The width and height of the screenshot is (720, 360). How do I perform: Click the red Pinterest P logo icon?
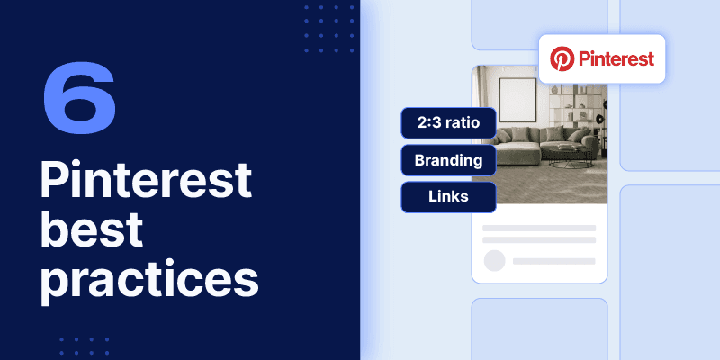click(563, 60)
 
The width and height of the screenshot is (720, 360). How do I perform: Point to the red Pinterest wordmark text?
click(616, 60)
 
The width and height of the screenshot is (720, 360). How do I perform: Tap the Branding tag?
click(448, 161)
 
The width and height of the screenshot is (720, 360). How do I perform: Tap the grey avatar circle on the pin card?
click(494, 261)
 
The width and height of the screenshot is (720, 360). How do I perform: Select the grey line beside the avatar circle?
click(553, 261)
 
